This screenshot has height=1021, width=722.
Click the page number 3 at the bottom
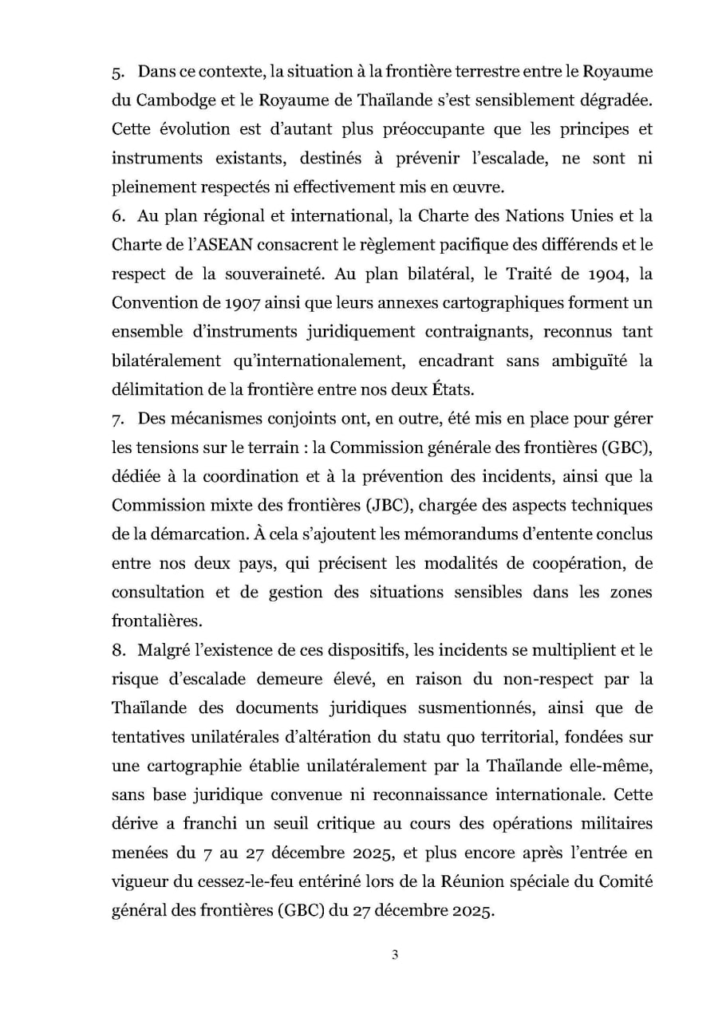click(x=394, y=956)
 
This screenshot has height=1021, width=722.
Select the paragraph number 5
click(x=116, y=72)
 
